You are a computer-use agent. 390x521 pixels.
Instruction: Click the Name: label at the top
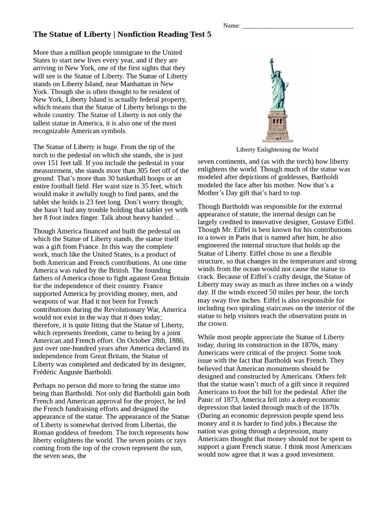tap(232, 25)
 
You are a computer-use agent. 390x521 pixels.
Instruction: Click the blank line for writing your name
tap(298, 26)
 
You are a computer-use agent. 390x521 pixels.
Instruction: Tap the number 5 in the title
tap(208, 35)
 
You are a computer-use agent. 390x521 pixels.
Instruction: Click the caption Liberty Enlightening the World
tap(277, 150)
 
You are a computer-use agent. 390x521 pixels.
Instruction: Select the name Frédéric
tap(48, 372)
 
